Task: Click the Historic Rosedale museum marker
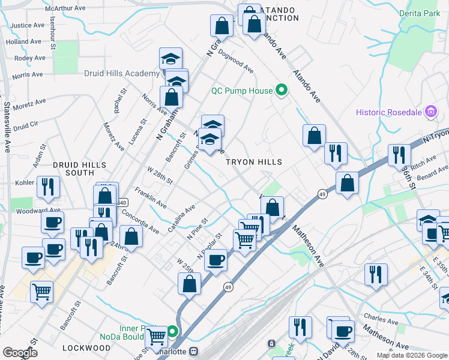(430, 112)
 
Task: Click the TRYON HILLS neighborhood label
(253, 162)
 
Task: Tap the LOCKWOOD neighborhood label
(85, 348)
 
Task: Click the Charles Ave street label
(382, 319)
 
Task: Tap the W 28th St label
(159, 175)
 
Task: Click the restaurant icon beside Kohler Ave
(47, 187)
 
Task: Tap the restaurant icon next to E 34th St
(376, 274)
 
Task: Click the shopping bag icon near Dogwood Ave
(221, 26)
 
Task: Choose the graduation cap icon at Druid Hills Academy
(171, 59)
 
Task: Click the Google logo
(21, 353)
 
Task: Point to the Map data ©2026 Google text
(411, 355)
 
